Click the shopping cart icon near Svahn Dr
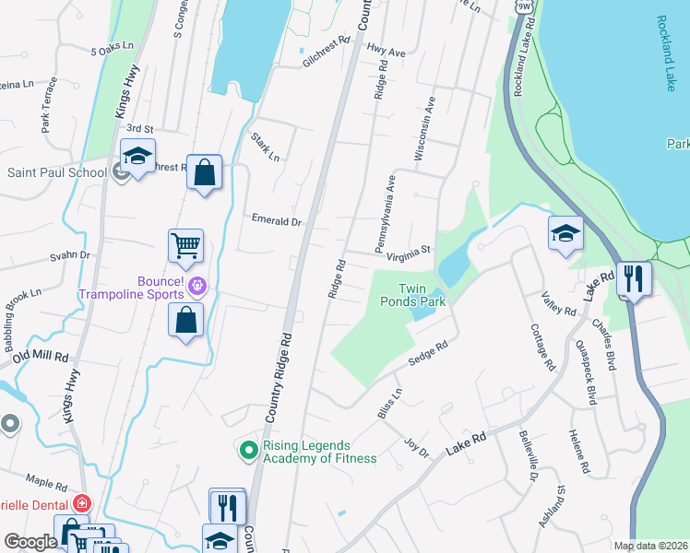[x=185, y=246]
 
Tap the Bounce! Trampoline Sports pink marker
[x=196, y=288]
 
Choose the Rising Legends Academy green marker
[x=247, y=451]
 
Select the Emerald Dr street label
[x=277, y=221]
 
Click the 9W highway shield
[x=524, y=6]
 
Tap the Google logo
[x=31, y=542]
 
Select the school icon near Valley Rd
[x=565, y=234]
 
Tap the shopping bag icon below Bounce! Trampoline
[x=186, y=321]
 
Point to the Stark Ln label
[x=265, y=147]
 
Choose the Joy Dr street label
[x=417, y=448]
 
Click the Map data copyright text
[x=650, y=546]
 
